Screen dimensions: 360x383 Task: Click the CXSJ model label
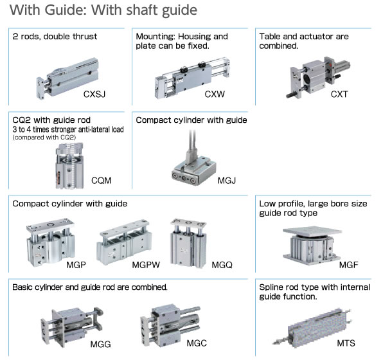pyautogui.click(x=95, y=94)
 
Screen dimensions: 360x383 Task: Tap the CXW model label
pyautogui.click(x=215, y=94)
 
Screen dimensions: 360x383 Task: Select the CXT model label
pyautogui.click(x=339, y=94)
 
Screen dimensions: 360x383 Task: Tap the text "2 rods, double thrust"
pyautogui.click(x=55, y=37)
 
